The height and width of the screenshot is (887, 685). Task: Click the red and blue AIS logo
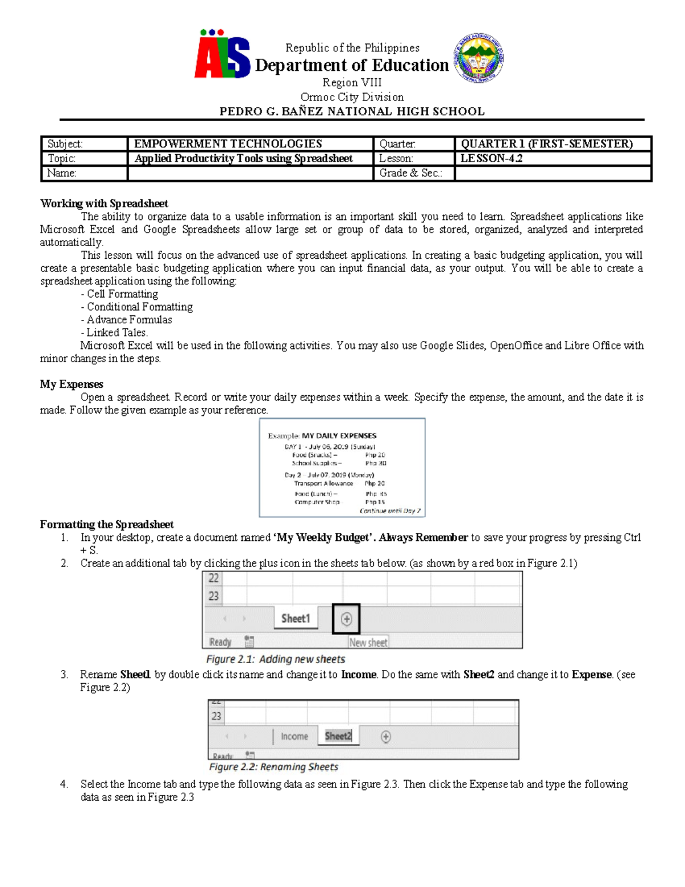click(222, 55)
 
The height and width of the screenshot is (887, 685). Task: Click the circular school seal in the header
click(478, 58)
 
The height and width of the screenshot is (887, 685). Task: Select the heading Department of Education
click(352, 66)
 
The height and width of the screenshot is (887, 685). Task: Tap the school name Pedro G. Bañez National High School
click(352, 111)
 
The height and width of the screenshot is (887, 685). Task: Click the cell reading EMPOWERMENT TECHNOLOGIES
click(228, 144)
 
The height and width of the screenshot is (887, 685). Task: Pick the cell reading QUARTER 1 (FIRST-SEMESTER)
click(546, 144)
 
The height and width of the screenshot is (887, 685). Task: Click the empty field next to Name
click(250, 174)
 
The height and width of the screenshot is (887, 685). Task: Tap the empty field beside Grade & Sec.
click(552, 174)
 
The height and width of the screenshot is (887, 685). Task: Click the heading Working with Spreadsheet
click(104, 204)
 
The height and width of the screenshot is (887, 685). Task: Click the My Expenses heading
click(71, 384)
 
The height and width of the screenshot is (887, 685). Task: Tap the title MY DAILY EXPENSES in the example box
click(339, 436)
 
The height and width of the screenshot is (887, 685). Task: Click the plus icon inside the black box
click(346, 619)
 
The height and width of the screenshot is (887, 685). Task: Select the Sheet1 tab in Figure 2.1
click(295, 619)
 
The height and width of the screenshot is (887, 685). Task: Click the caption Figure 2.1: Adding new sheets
click(275, 659)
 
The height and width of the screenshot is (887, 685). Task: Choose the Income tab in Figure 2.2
click(294, 737)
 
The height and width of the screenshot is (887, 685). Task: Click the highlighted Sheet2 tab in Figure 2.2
click(338, 736)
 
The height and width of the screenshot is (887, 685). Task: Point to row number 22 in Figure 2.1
click(213, 579)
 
